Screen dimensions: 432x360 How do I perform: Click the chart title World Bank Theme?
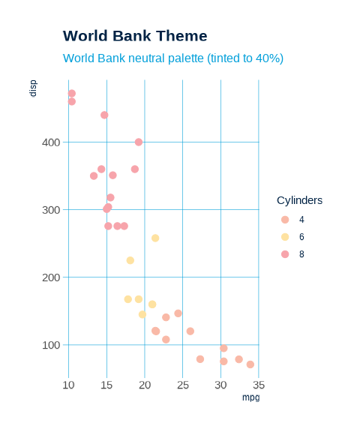click(x=135, y=36)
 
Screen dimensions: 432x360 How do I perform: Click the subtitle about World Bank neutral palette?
click(x=172, y=58)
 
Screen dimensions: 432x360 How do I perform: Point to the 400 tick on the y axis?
click(x=50, y=142)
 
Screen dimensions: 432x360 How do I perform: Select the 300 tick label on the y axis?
click(x=50, y=209)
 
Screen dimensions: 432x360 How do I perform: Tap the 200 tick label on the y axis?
click(x=50, y=277)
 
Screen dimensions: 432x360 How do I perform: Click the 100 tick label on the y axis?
click(x=50, y=345)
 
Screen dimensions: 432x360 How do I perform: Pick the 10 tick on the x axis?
click(x=69, y=385)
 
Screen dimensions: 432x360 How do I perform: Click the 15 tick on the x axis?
click(x=106, y=385)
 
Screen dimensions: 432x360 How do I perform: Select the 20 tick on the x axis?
click(x=145, y=385)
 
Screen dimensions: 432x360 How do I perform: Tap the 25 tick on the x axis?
click(x=183, y=385)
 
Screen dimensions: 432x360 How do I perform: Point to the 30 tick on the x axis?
click(x=220, y=385)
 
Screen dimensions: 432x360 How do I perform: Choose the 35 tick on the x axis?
click(x=258, y=385)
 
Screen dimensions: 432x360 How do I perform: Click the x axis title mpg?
click(x=250, y=397)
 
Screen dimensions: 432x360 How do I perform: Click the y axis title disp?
click(x=33, y=88)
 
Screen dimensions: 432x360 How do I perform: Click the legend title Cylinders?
click(x=299, y=200)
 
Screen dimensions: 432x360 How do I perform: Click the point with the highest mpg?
click(x=250, y=364)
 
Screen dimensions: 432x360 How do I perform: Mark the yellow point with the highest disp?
click(x=155, y=238)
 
